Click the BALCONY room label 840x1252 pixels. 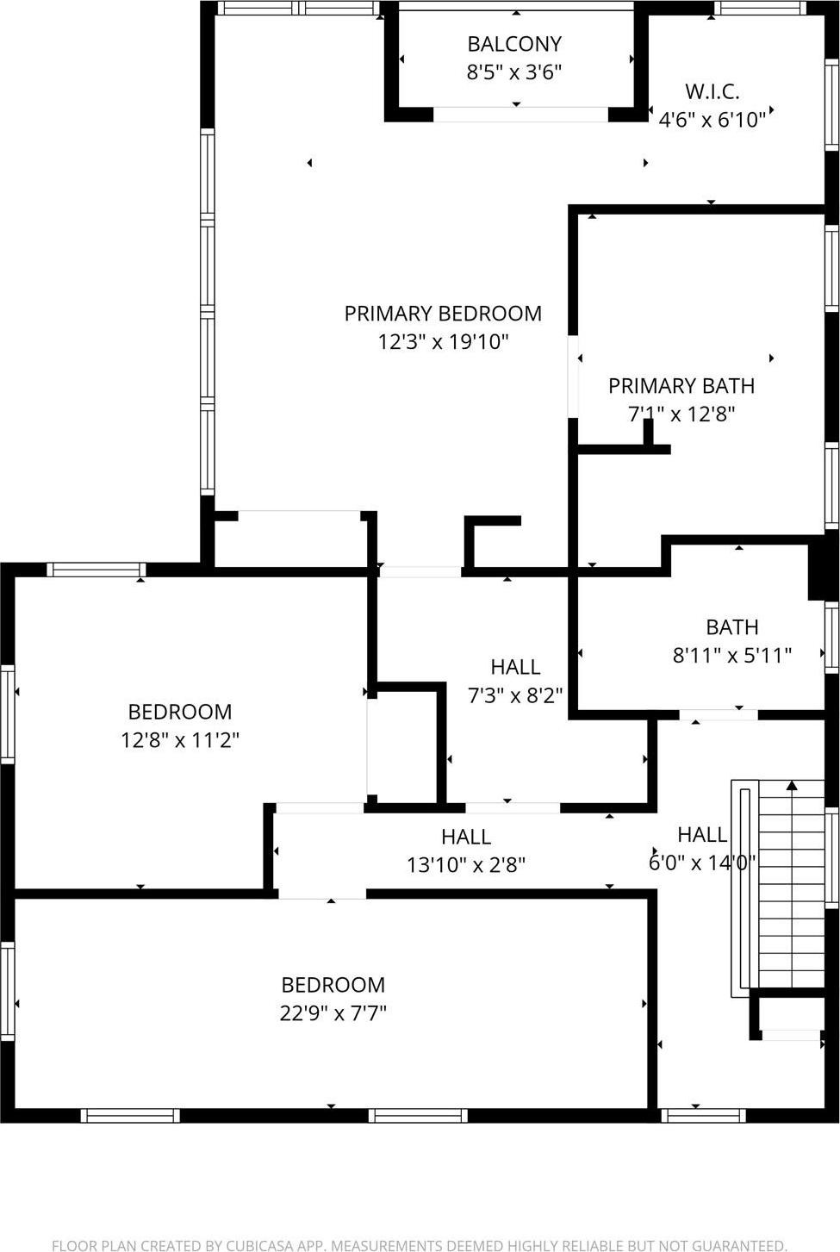514,44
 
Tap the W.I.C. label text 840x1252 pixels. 712,91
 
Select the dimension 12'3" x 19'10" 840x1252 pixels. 443,342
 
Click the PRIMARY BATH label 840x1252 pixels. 681,386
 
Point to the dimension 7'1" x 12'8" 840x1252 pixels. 681,414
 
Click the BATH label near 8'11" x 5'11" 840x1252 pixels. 731,627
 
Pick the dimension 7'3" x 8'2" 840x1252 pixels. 515,695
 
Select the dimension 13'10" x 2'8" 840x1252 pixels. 465,864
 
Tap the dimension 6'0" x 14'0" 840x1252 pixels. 701,863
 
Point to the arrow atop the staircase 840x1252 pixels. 792,785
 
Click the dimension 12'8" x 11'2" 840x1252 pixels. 179,740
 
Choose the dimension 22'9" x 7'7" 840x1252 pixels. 333,1013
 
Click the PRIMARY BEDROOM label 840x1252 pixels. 443,314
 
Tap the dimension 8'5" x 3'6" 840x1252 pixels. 514,72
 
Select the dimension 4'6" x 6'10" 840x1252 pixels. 712,120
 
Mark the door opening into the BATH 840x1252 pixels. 718,714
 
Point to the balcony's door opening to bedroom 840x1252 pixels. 520,114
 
